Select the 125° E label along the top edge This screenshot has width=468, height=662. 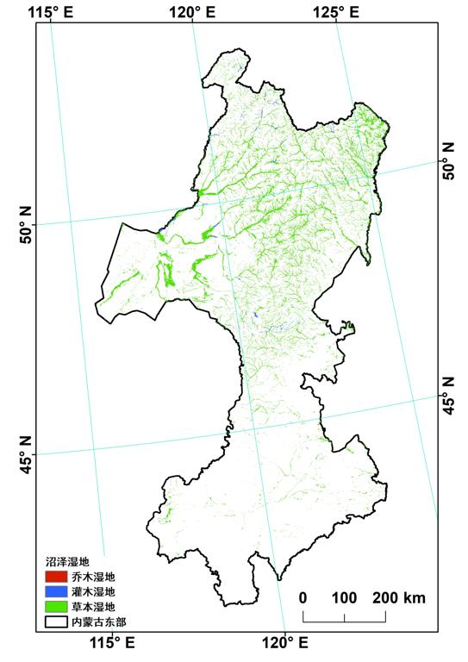click(337, 11)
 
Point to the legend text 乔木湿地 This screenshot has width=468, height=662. click(97, 577)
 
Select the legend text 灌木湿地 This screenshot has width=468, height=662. click(97, 591)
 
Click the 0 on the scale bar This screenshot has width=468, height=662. click(303, 597)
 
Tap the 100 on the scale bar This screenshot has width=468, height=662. click(344, 597)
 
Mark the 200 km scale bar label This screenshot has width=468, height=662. click(399, 597)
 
